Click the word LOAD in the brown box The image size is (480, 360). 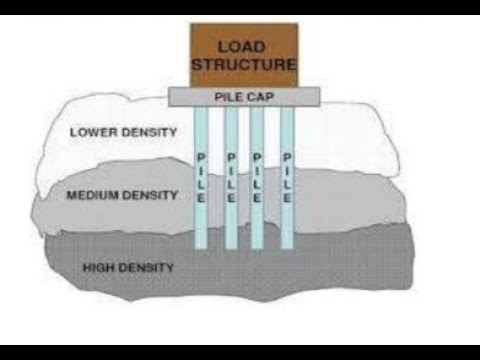[245, 47]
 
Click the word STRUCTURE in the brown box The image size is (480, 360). [245, 65]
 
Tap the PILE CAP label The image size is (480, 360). [244, 97]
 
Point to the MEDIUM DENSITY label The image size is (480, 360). [121, 195]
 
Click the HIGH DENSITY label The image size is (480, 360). [130, 267]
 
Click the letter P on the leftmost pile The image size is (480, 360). [202, 158]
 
